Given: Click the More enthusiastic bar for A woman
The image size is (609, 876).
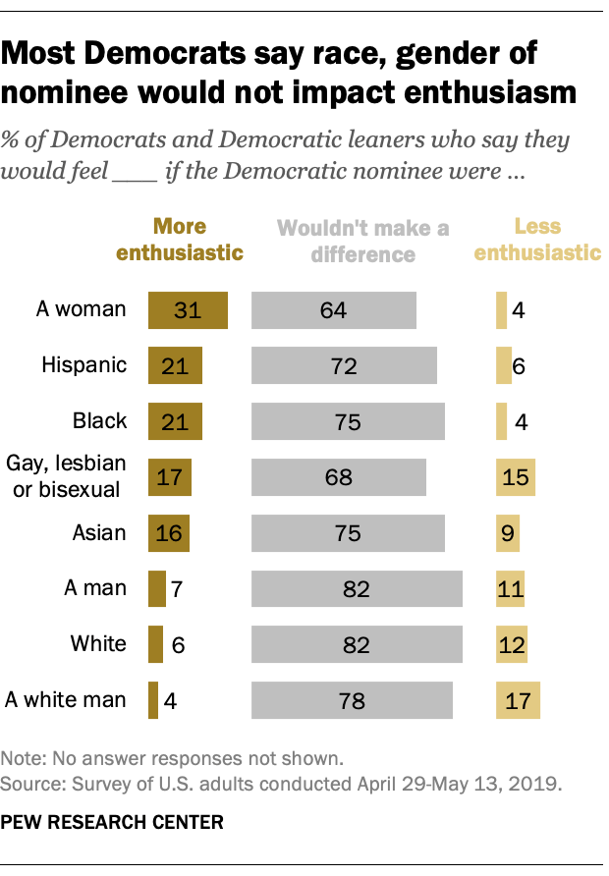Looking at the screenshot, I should (x=188, y=309).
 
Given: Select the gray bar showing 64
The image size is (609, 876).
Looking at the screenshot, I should (x=334, y=309).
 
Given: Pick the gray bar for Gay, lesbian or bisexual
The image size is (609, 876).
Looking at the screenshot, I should (x=339, y=476).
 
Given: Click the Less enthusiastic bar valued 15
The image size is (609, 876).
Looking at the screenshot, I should (x=516, y=476).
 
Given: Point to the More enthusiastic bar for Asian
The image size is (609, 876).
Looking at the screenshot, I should (x=168, y=533).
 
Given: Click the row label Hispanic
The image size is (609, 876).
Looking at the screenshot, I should (x=84, y=365).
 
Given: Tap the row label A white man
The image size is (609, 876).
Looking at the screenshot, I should (x=66, y=700).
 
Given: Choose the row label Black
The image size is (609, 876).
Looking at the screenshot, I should (x=99, y=421).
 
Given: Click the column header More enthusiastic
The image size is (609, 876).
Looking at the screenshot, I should (x=180, y=240).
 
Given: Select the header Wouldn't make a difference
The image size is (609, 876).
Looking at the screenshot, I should (x=362, y=241).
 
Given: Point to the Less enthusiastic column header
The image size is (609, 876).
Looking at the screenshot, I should (x=537, y=240).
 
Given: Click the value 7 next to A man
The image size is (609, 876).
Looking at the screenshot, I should (x=177, y=589).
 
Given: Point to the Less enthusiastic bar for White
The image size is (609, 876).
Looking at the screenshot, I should (x=512, y=645).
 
